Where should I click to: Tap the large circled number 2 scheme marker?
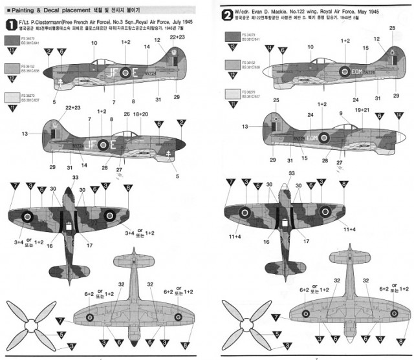226,14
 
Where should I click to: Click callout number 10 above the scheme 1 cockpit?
94,43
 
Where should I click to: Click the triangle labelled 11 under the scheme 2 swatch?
231,101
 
